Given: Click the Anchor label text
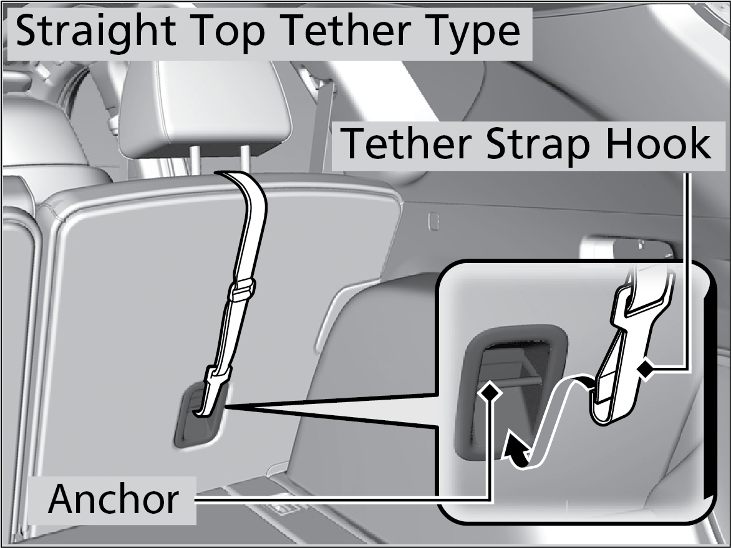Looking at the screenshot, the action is point(114,499).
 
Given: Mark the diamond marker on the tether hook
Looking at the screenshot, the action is point(645,370).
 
